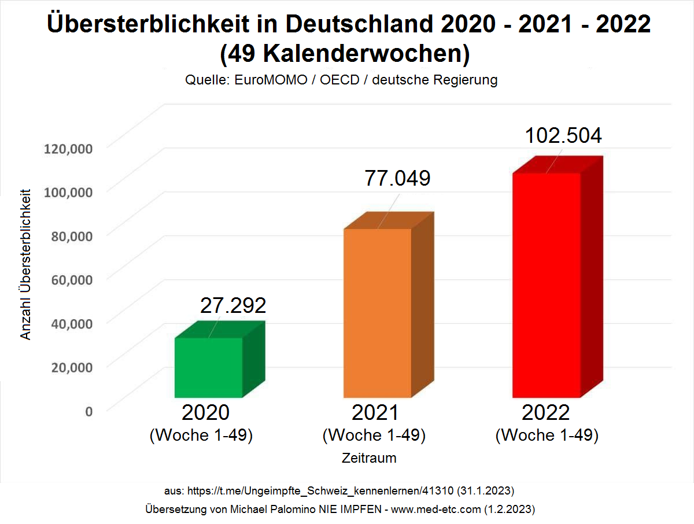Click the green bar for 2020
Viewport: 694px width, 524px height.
[x=209, y=367]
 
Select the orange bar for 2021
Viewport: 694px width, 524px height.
[x=378, y=313]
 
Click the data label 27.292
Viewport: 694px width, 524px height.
[x=233, y=305]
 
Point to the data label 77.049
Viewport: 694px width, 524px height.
[x=397, y=178]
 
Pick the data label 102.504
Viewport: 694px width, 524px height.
[x=563, y=135]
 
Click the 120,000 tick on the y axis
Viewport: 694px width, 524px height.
[x=68, y=149]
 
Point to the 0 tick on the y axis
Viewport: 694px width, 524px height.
[x=88, y=411]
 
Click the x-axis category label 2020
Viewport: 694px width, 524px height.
[x=205, y=412]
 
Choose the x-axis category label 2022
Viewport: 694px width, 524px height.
[x=546, y=412]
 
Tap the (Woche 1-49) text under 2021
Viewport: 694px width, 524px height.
[x=374, y=435]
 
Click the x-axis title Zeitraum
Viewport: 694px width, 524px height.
[x=369, y=458]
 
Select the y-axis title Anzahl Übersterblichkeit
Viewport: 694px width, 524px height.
[x=25, y=263]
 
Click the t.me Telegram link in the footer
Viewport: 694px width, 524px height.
[x=320, y=490]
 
